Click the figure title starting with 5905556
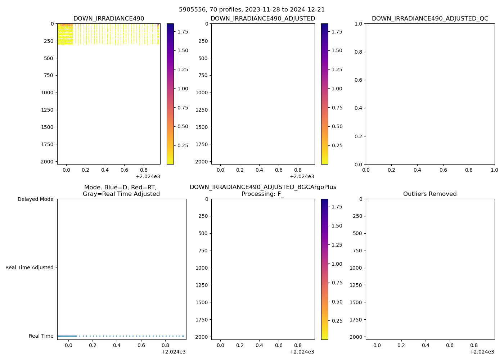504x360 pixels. pos(252,10)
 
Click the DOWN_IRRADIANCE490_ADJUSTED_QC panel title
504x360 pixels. pos(430,19)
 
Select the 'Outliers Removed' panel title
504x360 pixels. pos(430,194)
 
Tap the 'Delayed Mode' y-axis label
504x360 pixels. pos(35,199)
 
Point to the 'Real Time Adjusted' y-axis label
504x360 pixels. pos(30,267)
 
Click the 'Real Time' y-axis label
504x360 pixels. pos(41,336)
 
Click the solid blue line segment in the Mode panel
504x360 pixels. pos(67,336)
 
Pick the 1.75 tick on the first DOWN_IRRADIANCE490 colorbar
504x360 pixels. pos(183,32)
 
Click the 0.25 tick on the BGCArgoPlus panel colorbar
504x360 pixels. pos(337,321)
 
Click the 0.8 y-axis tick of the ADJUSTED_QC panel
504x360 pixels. pos(359,52)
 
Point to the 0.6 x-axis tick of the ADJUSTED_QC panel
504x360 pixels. pos(443,170)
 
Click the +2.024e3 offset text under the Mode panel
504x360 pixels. pos(174,352)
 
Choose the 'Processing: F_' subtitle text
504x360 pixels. pos(263,194)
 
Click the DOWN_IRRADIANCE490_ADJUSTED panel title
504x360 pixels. pos(263,19)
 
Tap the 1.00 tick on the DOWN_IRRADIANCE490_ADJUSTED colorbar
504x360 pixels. pos(337,89)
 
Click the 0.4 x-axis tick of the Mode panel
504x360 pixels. pos(117,345)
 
